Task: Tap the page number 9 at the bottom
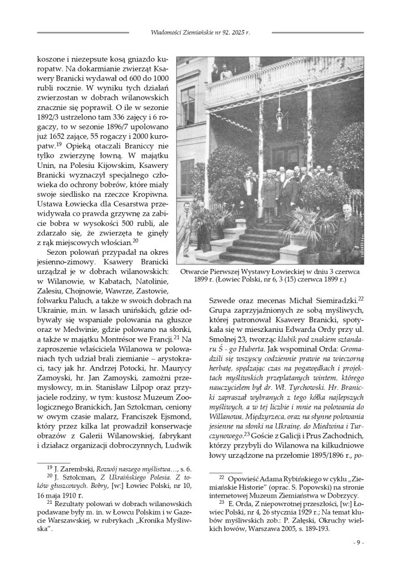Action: click(358, 542)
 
